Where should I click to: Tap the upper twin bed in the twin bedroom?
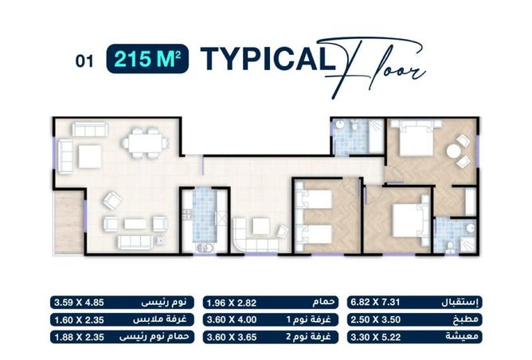click(x=317, y=199)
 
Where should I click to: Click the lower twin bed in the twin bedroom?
click(x=317, y=233)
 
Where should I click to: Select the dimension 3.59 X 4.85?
click(x=76, y=303)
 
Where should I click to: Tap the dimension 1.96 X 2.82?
click(x=231, y=303)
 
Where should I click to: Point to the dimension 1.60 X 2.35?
click(x=76, y=319)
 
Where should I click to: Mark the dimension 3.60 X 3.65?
click(x=231, y=337)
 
